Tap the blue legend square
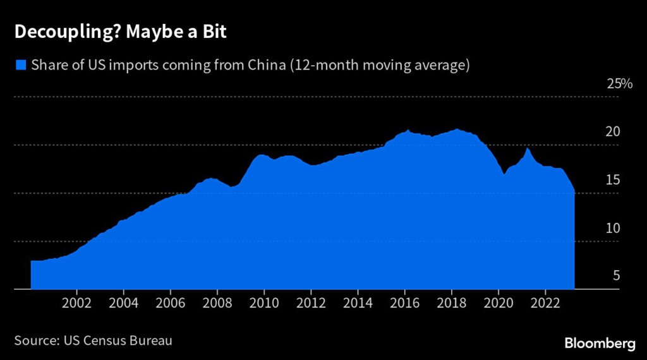(x=21, y=64)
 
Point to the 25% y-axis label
(x=619, y=84)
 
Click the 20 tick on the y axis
(x=613, y=132)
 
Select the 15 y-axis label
(x=613, y=180)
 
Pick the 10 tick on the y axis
(x=613, y=228)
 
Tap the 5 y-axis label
(x=616, y=276)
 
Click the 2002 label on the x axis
(x=77, y=302)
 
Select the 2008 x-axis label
(x=217, y=302)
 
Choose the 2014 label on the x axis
(x=358, y=302)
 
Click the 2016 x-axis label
(x=404, y=302)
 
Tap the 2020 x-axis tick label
(x=498, y=302)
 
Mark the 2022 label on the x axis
(x=545, y=302)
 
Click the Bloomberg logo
(x=600, y=343)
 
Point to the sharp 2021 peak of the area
(x=527, y=148)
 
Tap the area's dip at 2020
(x=504, y=174)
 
